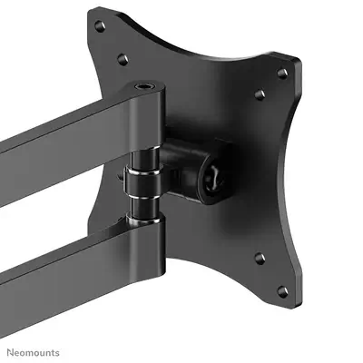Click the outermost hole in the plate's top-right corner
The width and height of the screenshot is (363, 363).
(x=282, y=73)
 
